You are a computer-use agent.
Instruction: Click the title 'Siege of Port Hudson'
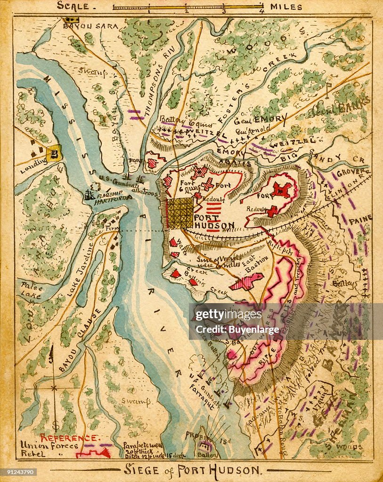coord(191,469)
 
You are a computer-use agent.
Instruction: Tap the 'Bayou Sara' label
coord(91,26)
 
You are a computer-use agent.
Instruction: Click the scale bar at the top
coord(187,7)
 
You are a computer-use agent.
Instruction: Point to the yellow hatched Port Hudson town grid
coord(180,213)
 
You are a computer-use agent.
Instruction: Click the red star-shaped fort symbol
coord(281,190)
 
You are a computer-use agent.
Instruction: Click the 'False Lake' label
coord(32,291)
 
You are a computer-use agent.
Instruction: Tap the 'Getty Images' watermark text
coord(222,315)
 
